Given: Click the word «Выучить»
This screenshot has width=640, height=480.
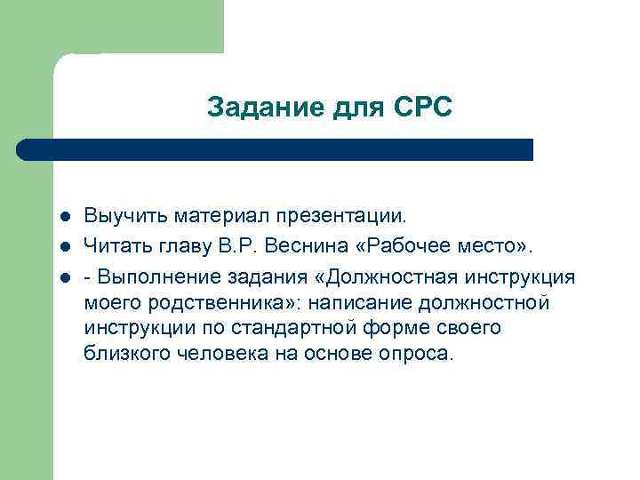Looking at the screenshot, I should point(125,215).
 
